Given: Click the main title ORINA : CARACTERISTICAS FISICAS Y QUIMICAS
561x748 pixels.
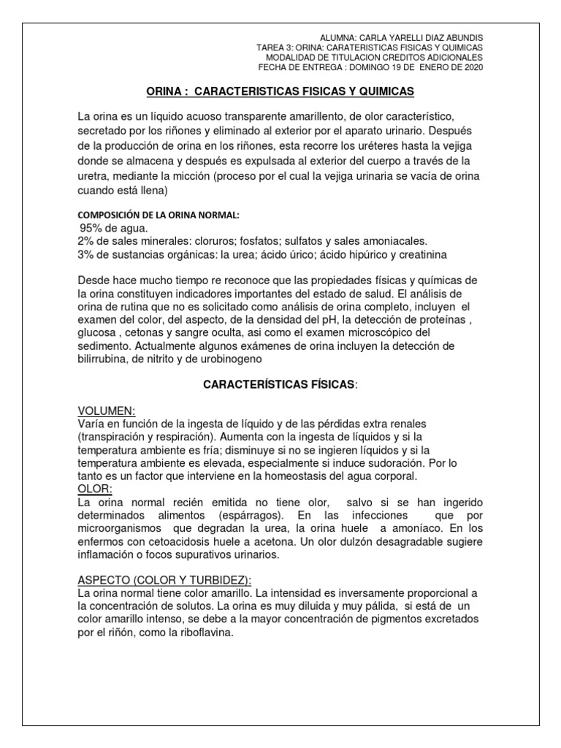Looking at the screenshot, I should coord(280,91).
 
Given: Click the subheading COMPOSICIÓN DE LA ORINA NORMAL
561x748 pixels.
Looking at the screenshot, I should coord(159,215).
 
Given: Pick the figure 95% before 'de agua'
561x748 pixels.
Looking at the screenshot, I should coord(93,229).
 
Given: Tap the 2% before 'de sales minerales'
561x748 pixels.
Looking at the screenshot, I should coord(85,241).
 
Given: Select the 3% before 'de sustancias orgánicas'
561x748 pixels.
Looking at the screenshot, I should coord(85,254).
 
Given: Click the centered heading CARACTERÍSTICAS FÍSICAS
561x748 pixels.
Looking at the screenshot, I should coord(279,384).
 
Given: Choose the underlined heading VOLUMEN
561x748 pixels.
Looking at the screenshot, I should coord(106,412).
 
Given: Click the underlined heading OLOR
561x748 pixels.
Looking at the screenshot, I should coord(94,488).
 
